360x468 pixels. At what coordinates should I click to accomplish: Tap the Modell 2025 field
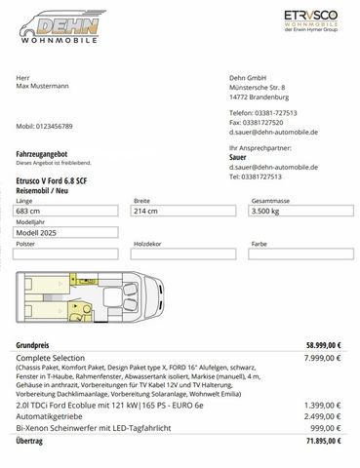click(x=68, y=232)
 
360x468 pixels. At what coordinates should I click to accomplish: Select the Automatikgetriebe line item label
click(x=55, y=415)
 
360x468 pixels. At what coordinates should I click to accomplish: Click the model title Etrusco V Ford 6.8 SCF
click(x=60, y=181)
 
